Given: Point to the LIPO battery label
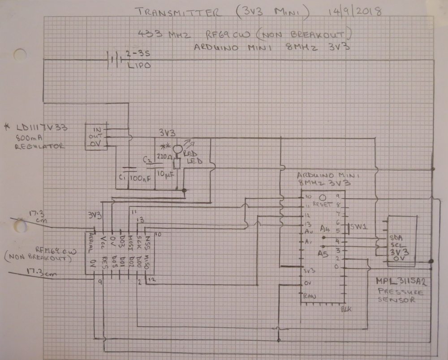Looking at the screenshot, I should (138, 65).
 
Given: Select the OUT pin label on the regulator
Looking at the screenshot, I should (96, 135).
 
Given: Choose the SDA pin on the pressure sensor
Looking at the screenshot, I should (396, 237).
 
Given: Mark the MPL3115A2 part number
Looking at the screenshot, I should (401, 282).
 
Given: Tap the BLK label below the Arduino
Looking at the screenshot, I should (346, 309).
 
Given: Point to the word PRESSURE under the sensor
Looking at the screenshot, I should (400, 291).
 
